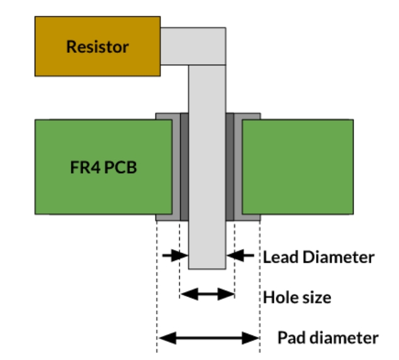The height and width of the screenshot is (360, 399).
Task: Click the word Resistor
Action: pyautogui.click(x=98, y=47)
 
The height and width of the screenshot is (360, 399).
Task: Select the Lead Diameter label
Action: pyautogui.click(x=318, y=257)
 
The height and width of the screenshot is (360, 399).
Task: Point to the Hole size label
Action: pyautogui.click(x=297, y=296)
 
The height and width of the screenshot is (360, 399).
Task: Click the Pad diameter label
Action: pyautogui.click(x=328, y=338)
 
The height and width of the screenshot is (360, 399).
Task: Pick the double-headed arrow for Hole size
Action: pyautogui.click(x=207, y=293)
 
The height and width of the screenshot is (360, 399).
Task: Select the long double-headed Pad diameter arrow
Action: pyautogui.click(x=208, y=339)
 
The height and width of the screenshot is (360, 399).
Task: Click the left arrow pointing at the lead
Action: pyautogui.click(x=175, y=256)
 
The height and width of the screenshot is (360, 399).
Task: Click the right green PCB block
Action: pyautogui.click(x=298, y=167)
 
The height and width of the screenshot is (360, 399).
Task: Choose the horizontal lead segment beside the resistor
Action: pyautogui.click(x=193, y=46)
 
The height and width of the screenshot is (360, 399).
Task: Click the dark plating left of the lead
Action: pyautogui.click(x=184, y=167)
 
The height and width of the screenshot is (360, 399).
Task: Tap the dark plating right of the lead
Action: pyautogui.click(x=230, y=167)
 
